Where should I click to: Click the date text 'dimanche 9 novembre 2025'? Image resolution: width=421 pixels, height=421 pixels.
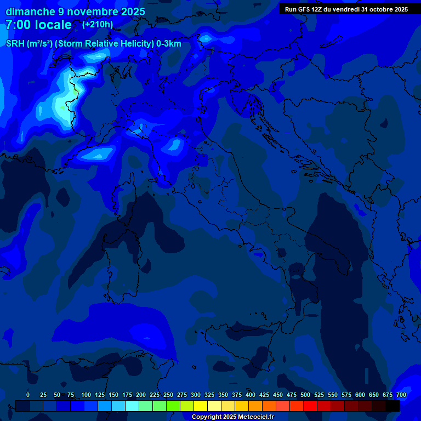pyautogui.click(x=75, y=12)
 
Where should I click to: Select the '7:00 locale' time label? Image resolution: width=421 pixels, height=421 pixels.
pyautogui.click(x=38, y=25)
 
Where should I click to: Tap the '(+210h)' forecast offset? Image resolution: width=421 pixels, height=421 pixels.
pyautogui.click(x=98, y=25)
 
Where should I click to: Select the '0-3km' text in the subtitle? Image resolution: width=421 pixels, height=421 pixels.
pyautogui.click(x=168, y=44)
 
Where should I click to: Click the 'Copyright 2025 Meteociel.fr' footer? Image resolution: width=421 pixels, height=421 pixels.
pyautogui.click(x=232, y=417)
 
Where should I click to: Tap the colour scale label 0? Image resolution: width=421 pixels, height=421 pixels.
pyautogui.click(x=28, y=395)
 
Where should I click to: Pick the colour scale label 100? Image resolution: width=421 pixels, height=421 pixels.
pyautogui.click(x=86, y=395)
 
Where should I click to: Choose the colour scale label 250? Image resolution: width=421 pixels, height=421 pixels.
pyautogui.click(x=168, y=395)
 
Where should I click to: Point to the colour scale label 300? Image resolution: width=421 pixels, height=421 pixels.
pyautogui.click(x=196, y=395)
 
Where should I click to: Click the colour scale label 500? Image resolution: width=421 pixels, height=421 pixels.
pyautogui.click(x=305, y=395)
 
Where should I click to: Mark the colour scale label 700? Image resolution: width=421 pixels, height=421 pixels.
pyautogui.click(x=401, y=395)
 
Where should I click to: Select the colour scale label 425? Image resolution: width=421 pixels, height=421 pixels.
pyautogui.click(x=264, y=395)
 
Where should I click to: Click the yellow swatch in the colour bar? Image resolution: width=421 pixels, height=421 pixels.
pyautogui.click(x=201, y=406)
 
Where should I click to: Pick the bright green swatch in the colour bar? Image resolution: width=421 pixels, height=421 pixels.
pyautogui.click(x=173, y=406)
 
